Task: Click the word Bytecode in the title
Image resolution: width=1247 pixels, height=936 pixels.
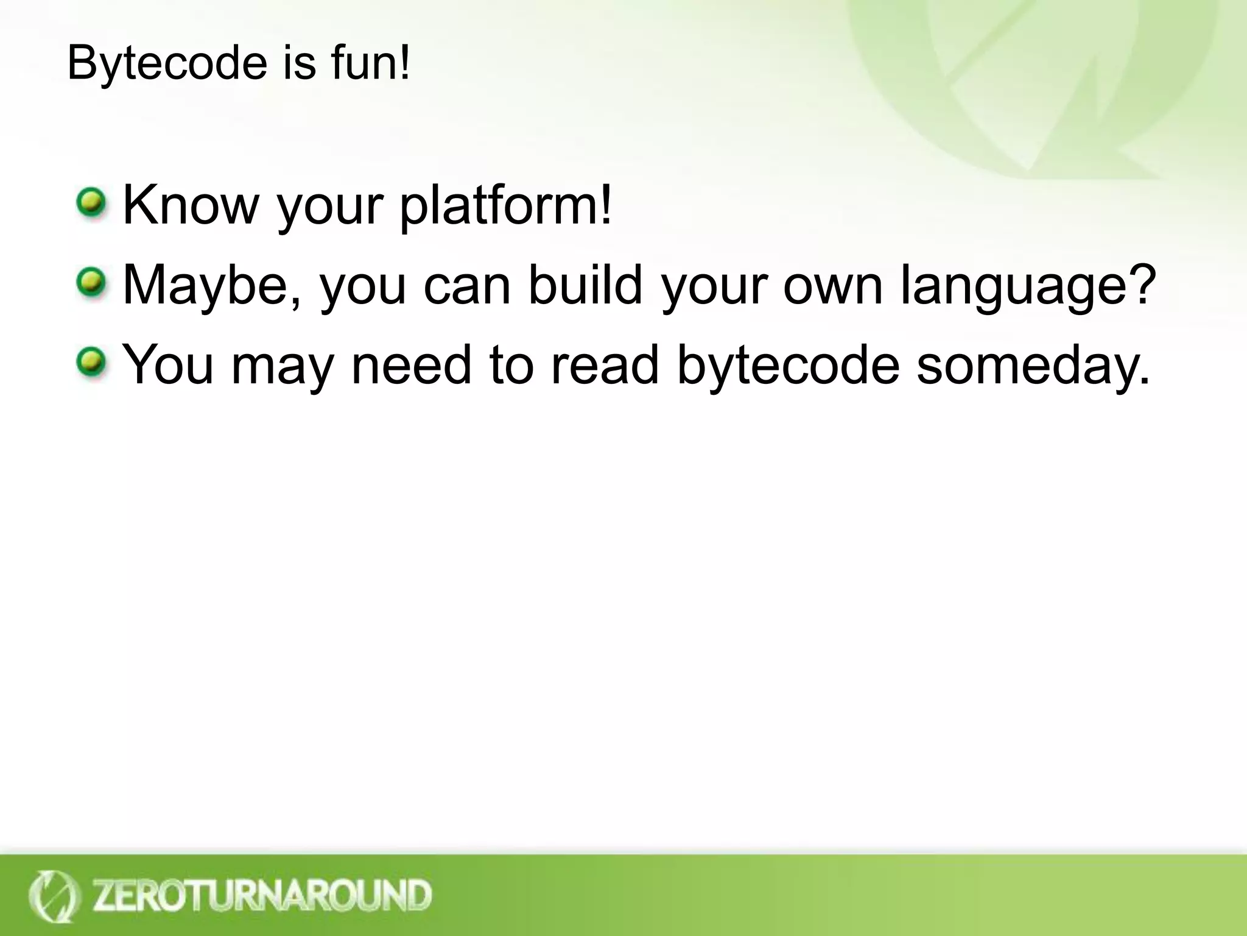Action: click(x=167, y=63)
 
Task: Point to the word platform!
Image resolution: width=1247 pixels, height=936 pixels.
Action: click(x=505, y=206)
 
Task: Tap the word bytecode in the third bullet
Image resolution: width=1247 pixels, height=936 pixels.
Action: click(x=788, y=366)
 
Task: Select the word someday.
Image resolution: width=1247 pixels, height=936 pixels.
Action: click(x=1033, y=366)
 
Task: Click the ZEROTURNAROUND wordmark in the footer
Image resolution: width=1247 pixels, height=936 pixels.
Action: click(x=262, y=896)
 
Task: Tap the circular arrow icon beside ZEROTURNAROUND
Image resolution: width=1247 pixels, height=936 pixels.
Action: click(x=53, y=896)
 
